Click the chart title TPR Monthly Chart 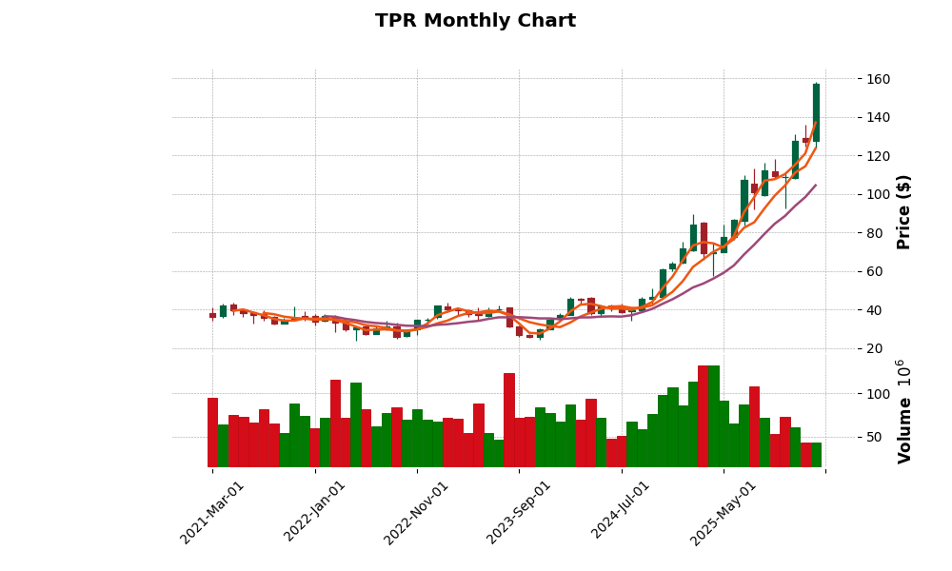click(475, 21)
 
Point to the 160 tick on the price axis click(879, 79)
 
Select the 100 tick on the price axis click(879, 194)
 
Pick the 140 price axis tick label click(879, 117)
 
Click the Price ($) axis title click(904, 211)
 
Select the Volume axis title click(904, 411)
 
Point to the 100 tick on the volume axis click(879, 394)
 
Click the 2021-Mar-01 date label click(213, 512)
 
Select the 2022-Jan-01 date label click(315, 512)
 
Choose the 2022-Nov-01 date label click(417, 512)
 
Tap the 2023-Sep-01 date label click(519, 512)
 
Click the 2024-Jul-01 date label click(621, 512)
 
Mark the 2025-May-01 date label click(724, 512)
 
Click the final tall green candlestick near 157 click(816, 112)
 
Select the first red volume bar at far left click(212, 432)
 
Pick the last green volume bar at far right click(816, 455)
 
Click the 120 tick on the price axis click(879, 156)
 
